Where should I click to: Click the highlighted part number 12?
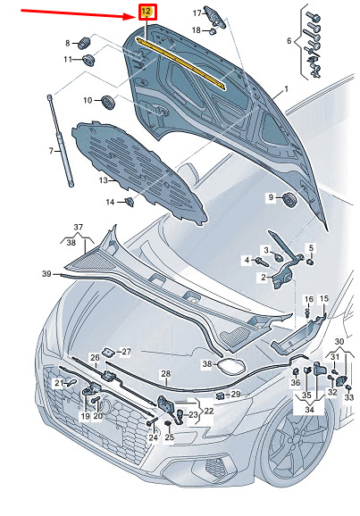point(147,12)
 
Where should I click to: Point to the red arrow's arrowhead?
point(131,15)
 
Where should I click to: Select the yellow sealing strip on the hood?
point(180,62)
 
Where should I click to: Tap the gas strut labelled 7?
point(60,140)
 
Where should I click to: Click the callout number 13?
point(103,180)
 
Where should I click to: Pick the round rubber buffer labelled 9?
point(290,199)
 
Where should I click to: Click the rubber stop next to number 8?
point(84,43)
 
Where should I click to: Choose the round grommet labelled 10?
point(107,102)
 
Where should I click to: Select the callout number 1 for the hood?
point(286,89)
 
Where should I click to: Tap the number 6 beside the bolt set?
point(289,41)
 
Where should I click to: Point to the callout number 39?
point(46,273)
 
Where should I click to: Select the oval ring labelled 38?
point(230,366)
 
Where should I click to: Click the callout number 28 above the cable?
point(165,374)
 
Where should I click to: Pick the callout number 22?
point(208,411)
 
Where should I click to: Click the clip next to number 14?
point(130,202)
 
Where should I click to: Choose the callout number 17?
point(197,13)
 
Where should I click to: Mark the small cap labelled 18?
point(213,31)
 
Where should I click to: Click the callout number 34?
point(309,410)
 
